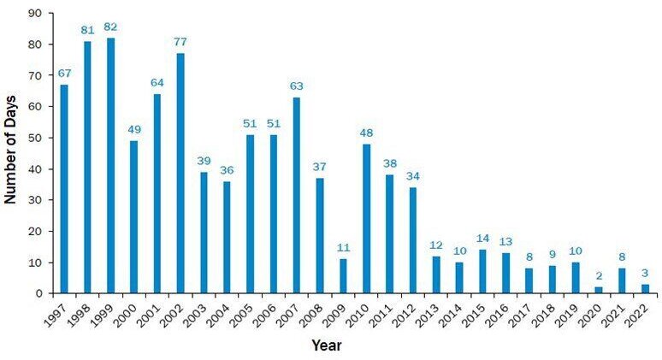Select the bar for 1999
pyautogui.click(x=110, y=166)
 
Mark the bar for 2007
pyautogui.click(x=297, y=196)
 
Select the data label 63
pyautogui.click(x=297, y=86)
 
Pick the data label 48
pyautogui.click(x=367, y=134)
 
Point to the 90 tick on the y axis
pyautogui.click(x=35, y=13)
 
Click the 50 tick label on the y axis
pyautogui.click(x=35, y=138)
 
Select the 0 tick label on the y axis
pyautogui.click(x=38, y=293)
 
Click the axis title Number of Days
pyautogui.click(x=11, y=152)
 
